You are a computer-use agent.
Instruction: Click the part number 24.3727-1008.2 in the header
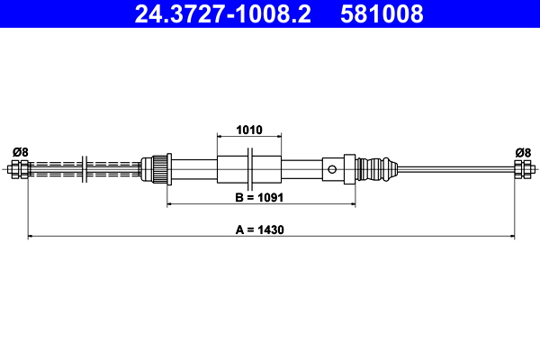click(222, 13)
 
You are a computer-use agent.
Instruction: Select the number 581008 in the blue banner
click(382, 13)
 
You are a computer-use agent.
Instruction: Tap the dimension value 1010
click(249, 130)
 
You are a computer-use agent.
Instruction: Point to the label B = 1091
click(259, 197)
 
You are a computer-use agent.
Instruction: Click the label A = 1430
click(260, 229)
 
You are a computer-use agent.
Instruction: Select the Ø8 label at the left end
click(21, 152)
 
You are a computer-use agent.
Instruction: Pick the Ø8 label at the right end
click(523, 152)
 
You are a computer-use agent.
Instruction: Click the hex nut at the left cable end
click(20, 169)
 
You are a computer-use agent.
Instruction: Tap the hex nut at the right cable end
click(525, 169)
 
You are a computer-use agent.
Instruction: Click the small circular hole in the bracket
click(332, 169)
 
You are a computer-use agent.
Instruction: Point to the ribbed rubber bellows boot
click(377, 169)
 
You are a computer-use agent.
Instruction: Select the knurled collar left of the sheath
click(159, 169)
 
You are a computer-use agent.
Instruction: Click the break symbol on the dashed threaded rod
click(85, 169)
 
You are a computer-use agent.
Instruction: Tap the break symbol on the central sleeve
click(250, 169)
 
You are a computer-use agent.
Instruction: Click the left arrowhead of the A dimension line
click(30, 237)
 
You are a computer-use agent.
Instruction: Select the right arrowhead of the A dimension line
click(512, 237)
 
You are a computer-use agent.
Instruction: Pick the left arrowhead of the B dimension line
click(169, 204)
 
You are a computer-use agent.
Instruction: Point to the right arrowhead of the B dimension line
click(353, 204)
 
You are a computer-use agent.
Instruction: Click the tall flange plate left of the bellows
click(349, 169)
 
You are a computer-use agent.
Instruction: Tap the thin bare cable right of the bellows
click(456, 169)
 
